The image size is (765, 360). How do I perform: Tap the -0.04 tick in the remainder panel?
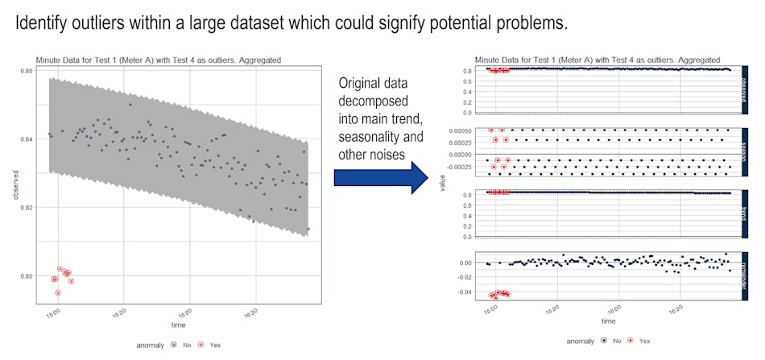click(x=462, y=292)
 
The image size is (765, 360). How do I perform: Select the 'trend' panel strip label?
click(x=745, y=213)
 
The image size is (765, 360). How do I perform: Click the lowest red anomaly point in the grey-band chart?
click(x=58, y=293)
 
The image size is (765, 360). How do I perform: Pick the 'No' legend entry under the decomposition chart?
click(x=617, y=341)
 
